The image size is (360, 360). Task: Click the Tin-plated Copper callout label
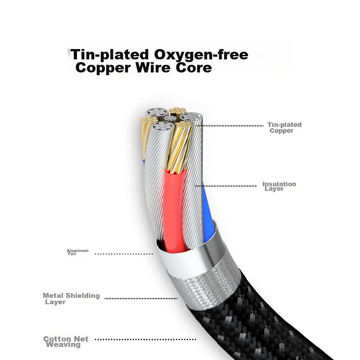coord(284,127)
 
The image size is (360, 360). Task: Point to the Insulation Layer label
coord(279,186)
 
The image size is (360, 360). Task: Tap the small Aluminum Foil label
coord(77,252)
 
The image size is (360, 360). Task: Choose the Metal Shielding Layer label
coord(71,298)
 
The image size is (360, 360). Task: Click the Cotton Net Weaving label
coord(66,342)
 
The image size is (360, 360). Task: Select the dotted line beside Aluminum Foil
coord(124,254)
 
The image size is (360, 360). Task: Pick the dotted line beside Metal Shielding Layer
coord(141,298)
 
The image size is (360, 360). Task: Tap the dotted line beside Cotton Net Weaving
coord(145,339)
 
